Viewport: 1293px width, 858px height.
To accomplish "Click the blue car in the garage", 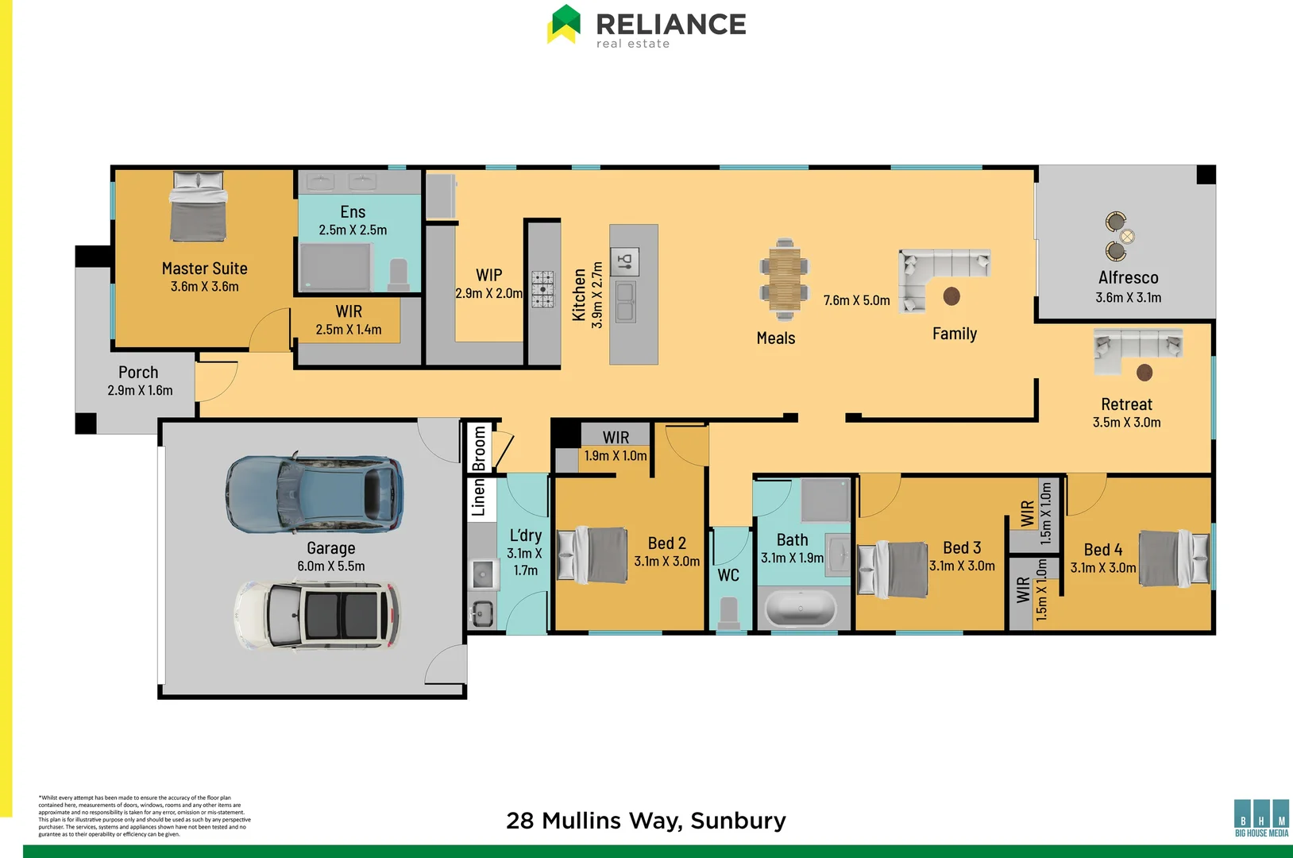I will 315,493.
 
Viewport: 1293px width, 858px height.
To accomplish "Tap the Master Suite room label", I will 205,269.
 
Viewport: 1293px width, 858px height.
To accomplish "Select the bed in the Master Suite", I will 198,207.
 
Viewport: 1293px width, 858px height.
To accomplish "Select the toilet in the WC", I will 729,613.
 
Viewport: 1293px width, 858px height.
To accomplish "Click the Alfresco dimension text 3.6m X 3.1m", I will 1128,298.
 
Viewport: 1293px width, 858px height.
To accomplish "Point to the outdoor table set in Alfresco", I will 1118,236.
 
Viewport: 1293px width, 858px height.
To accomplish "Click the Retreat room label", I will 1126,404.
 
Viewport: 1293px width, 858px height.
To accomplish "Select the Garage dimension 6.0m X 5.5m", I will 331,566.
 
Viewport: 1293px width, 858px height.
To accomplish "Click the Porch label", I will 138,373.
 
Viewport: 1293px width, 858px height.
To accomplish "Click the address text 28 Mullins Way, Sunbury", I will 646,821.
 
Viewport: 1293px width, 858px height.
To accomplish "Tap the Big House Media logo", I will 1261,818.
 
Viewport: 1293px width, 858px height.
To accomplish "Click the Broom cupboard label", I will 479,447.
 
